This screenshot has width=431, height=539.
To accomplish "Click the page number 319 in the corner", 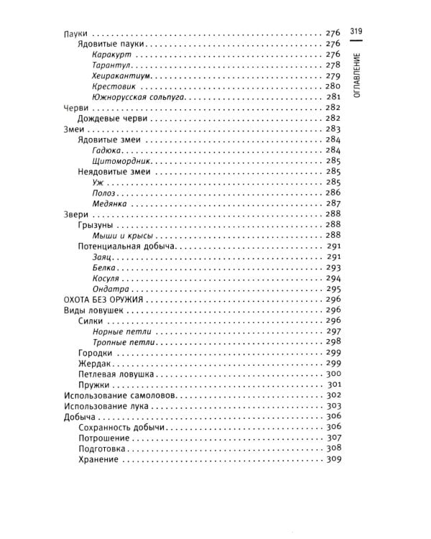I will click(356, 31).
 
